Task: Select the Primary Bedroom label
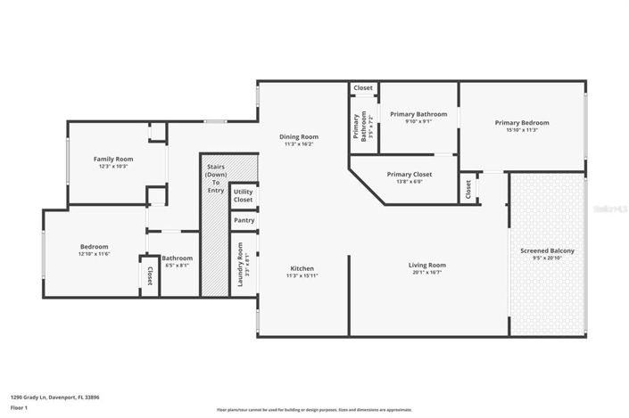522,122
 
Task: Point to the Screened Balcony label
547,251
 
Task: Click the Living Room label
427,265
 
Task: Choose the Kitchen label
302,268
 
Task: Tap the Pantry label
243,221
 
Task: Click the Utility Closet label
243,194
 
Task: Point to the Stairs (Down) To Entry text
215,177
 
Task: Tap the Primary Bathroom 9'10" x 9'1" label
418,114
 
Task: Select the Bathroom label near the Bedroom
177,258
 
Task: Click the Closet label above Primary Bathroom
363,88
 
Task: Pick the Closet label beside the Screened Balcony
468,189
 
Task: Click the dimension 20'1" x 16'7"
427,273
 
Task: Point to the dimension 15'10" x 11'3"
522,130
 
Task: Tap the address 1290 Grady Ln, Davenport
54,398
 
